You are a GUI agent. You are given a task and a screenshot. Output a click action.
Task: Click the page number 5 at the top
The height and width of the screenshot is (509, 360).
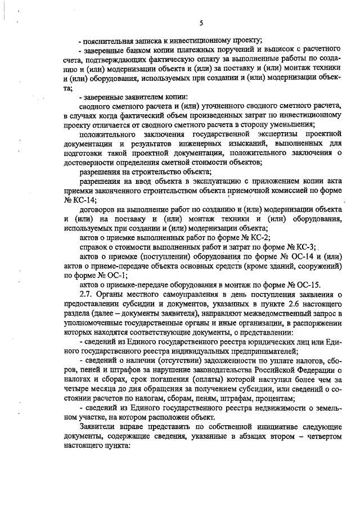(200, 23)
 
